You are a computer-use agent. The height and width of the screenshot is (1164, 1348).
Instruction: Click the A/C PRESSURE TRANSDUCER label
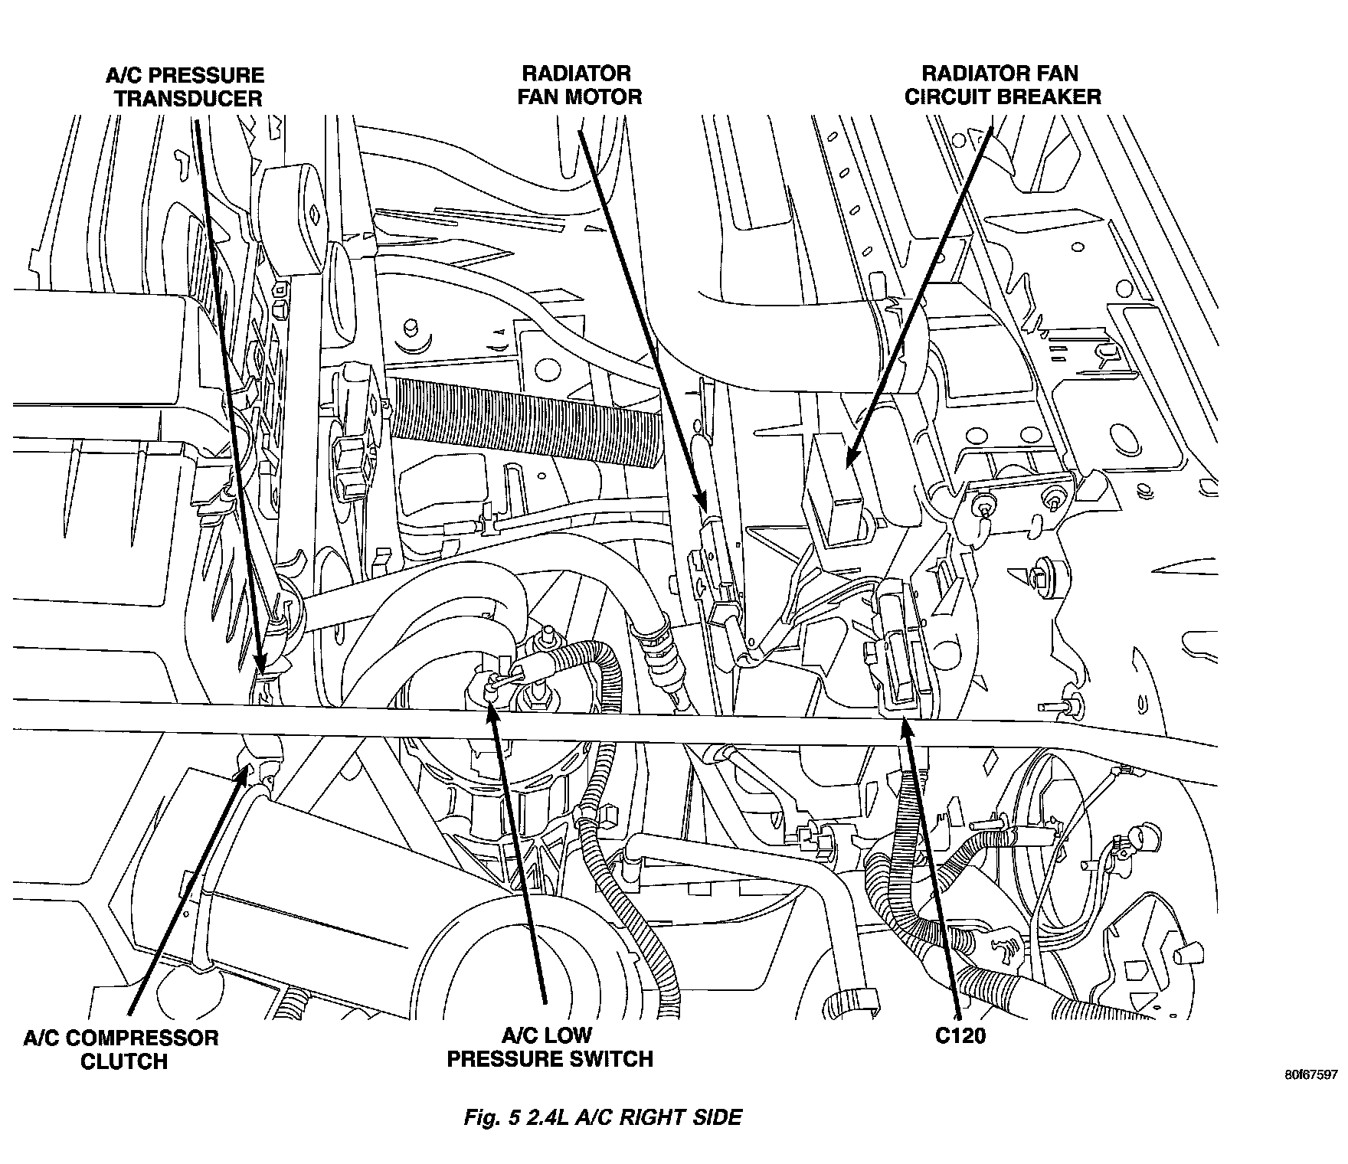click(185, 87)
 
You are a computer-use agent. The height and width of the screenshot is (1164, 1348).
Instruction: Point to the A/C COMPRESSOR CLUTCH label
click(120, 1049)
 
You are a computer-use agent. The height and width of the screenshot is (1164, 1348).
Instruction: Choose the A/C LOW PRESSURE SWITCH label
click(549, 1047)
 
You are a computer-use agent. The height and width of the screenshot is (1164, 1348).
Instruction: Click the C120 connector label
click(960, 1037)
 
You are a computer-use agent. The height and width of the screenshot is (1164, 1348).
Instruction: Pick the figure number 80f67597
click(1312, 1074)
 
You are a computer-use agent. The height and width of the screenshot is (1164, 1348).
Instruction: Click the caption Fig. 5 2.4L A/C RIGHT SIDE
click(603, 1117)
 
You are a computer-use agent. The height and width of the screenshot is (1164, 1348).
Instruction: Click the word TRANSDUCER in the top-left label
click(188, 98)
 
